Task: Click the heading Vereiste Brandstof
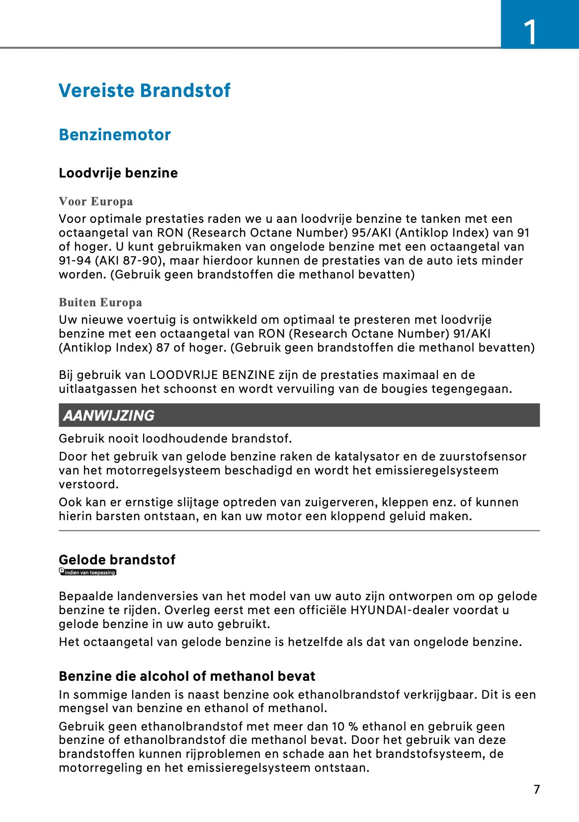(x=145, y=91)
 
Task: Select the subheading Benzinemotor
(x=115, y=135)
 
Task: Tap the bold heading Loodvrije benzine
(x=118, y=173)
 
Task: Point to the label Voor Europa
(x=96, y=201)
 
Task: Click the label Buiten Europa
(x=100, y=302)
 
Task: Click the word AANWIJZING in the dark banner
(x=109, y=416)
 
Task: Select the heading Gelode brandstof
(x=117, y=560)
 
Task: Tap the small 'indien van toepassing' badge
(x=88, y=572)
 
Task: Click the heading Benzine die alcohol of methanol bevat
(x=187, y=676)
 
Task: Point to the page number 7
(x=536, y=790)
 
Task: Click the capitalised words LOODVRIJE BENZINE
(x=212, y=375)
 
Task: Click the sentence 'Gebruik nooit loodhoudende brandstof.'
(x=175, y=439)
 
